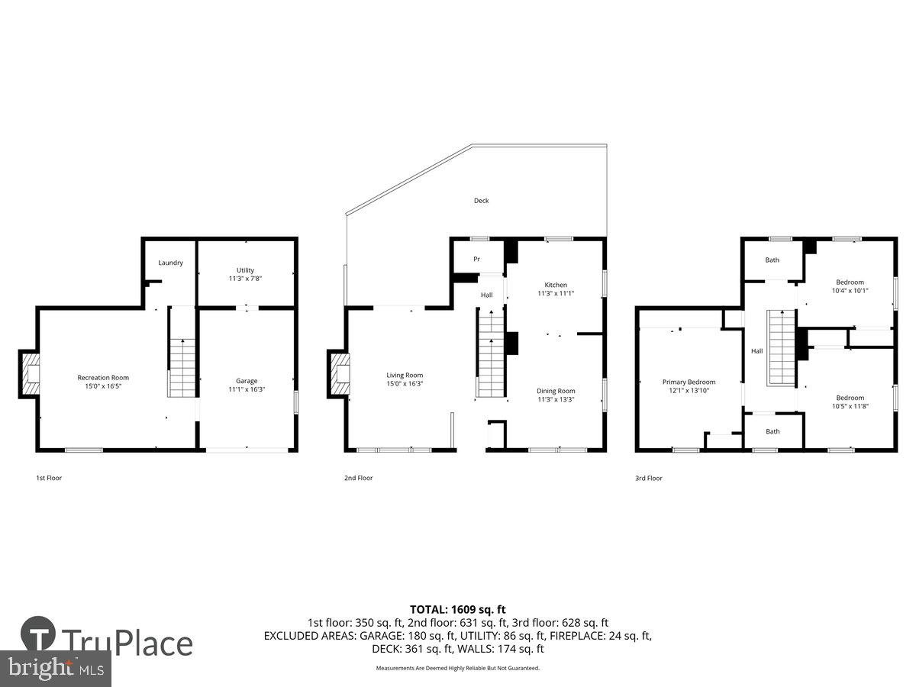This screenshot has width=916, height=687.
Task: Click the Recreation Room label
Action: tap(103, 377)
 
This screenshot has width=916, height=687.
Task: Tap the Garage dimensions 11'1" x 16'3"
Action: tap(246, 390)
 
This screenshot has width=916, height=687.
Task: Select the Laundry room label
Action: tap(170, 263)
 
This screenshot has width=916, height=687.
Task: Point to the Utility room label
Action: tap(245, 270)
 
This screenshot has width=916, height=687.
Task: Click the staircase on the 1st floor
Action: tap(182, 366)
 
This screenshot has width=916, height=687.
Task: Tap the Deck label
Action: tap(481, 201)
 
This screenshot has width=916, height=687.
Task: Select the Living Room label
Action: tap(405, 375)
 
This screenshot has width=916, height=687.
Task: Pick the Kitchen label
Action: tap(555, 285)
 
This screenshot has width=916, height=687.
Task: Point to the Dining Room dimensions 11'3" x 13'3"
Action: tap(555, 399)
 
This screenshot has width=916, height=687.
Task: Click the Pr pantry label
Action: tap(476, 260)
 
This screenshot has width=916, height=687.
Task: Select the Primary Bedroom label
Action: tap(689, 382)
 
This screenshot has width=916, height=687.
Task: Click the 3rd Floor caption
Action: tap(649, 479)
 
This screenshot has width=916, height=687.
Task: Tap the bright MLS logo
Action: tap(55, 669)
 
